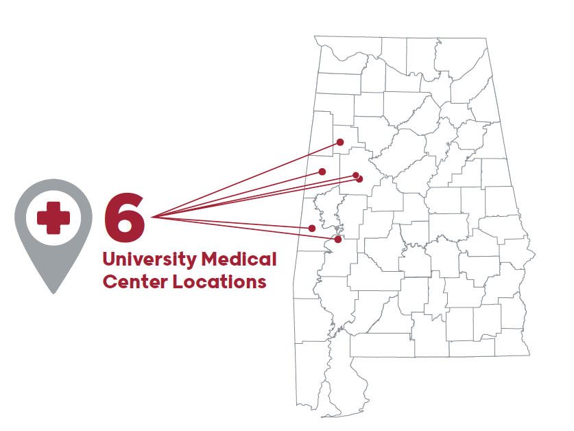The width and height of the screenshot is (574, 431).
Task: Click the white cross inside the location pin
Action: [x=53, y=217]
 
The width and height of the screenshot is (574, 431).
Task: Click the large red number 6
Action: [x=124, y=216]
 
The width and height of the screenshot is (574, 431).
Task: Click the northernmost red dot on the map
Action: [x=340, y=142]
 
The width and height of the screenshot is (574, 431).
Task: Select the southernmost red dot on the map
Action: [x=338, y=240]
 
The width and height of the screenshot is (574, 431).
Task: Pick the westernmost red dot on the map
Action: [x=312, y=228]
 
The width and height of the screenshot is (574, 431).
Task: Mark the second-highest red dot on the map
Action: [x=322, y=172]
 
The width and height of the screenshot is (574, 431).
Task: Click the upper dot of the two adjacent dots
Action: [x=356, y=175]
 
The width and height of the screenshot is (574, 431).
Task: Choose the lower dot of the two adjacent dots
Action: [x=359, y=179]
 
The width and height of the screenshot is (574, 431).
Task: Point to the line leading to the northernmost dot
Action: [x=247, y=179]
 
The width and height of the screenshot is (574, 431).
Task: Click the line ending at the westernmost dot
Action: [x=233, y=222]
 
